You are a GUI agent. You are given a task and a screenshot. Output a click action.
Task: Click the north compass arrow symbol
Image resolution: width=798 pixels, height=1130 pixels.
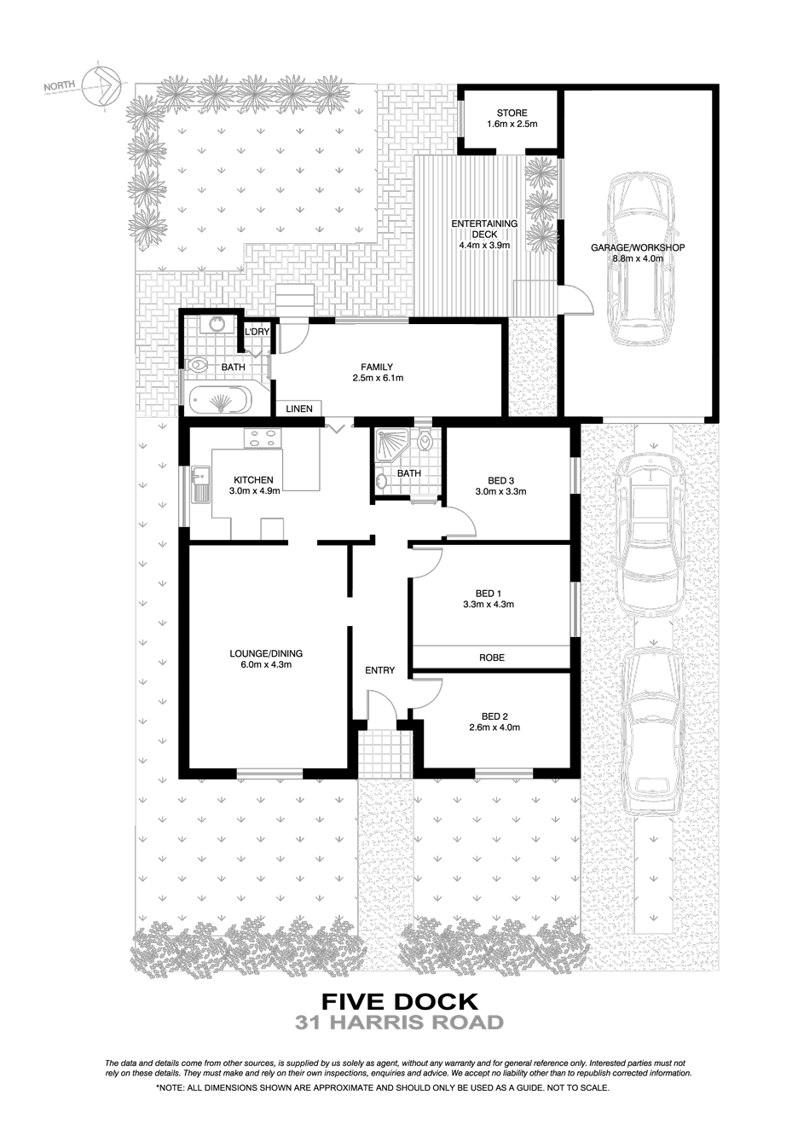coord(101,86)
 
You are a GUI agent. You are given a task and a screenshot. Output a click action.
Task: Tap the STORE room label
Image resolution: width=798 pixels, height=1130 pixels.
coord(512,113)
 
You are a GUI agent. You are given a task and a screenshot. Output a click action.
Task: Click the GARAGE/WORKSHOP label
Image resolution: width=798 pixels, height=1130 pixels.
coord(638,247)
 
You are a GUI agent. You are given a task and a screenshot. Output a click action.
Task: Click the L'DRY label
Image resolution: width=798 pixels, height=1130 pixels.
coord(257,332)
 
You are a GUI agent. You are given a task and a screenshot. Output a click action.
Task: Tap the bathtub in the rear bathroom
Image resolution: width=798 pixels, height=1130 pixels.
coord(221,399)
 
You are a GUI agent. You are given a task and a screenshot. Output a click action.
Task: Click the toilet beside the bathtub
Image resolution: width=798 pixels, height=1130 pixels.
coord(199,364)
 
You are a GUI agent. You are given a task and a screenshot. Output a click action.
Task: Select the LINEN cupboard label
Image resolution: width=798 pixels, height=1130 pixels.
coord(299,409)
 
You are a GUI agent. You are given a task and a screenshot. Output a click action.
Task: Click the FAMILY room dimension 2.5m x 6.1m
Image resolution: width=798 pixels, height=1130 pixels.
coord(378,378)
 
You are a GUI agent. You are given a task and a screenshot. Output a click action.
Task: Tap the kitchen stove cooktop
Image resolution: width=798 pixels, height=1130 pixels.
coord(263,438)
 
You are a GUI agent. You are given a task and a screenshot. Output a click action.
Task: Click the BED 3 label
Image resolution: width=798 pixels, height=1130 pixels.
coord(500,481)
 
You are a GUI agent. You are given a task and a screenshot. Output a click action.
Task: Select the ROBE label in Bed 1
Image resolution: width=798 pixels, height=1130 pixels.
coord(492,658)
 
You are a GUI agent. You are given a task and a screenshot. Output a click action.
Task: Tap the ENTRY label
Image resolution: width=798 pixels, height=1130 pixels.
coord(380,670)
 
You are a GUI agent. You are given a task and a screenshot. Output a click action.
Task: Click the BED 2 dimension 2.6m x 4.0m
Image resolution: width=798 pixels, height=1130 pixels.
coord(494,727)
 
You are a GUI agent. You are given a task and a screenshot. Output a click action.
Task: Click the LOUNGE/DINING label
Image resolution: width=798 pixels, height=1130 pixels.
coord(266,653)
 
